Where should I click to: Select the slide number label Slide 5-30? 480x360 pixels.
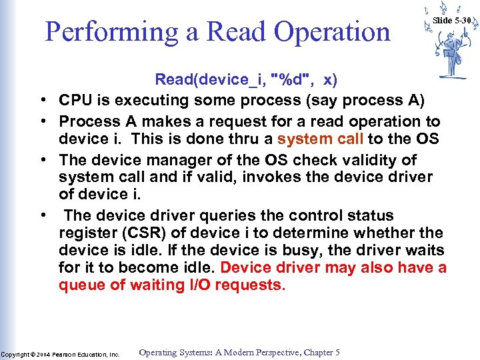451,21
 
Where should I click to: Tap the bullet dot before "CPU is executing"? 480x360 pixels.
42,101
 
